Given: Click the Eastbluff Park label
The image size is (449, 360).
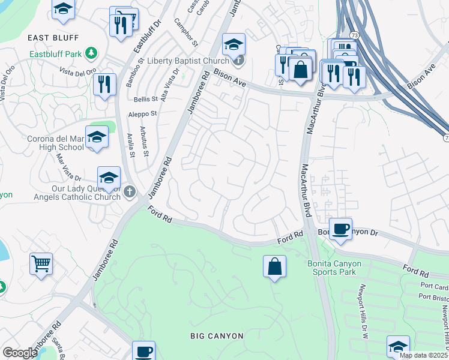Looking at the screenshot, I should tap(56, 54).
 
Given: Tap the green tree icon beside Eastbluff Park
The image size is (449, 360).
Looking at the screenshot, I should tap(91, 53).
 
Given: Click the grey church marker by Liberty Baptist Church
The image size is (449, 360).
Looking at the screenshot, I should tap(238, 60).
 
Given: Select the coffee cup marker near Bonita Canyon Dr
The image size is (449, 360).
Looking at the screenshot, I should tap(341, 229).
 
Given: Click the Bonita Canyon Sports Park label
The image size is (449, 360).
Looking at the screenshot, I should tap(340, 268).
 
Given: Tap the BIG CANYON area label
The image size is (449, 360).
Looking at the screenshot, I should tap(217, 335).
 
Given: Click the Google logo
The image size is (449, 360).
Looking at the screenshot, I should tap(20, 353).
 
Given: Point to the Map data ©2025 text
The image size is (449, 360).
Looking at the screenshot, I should tap(423, 355).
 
